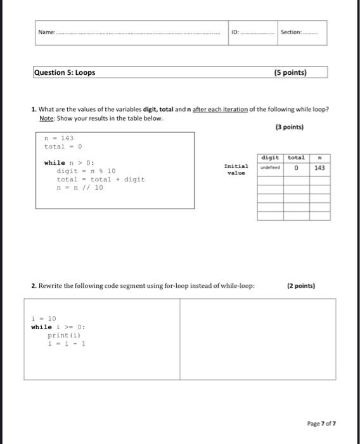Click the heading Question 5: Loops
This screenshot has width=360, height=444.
[65, 72]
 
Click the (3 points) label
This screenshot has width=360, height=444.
[289, 127]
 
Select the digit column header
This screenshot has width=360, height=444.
[269, 157]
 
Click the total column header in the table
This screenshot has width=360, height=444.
[296, 157]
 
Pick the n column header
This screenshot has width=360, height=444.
[319, 157]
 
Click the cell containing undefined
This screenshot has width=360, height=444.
[269, 167]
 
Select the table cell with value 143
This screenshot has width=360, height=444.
[319, 167]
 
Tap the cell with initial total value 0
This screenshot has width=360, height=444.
[296, 167]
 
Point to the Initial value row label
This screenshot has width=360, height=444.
[235, 169]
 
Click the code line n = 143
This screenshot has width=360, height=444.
[59, 138]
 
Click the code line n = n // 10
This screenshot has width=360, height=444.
[79, 188]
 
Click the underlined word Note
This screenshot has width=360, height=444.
[46, 119]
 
